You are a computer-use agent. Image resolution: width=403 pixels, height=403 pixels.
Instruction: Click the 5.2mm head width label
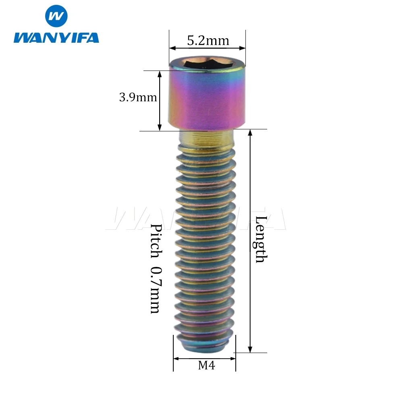click(x=208, y=41)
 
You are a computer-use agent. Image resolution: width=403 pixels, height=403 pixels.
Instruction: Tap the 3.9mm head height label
click(x=138, y=97)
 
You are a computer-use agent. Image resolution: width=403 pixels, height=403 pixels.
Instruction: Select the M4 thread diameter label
click(x=206, y=365)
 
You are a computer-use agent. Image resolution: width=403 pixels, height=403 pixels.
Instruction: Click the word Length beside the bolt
click(x=261, y=239)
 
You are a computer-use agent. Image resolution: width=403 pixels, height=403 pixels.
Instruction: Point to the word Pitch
click(x=156, y=241)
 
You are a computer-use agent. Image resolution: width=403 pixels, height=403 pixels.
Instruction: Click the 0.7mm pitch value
click(x=156, y=290)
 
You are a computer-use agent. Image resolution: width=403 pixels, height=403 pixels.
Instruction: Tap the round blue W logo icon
click(x=56, y=16)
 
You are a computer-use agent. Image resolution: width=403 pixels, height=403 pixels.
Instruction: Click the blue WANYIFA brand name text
click(x=56, y=37)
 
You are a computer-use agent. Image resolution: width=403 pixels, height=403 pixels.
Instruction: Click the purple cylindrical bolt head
click(x=207, y=94)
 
